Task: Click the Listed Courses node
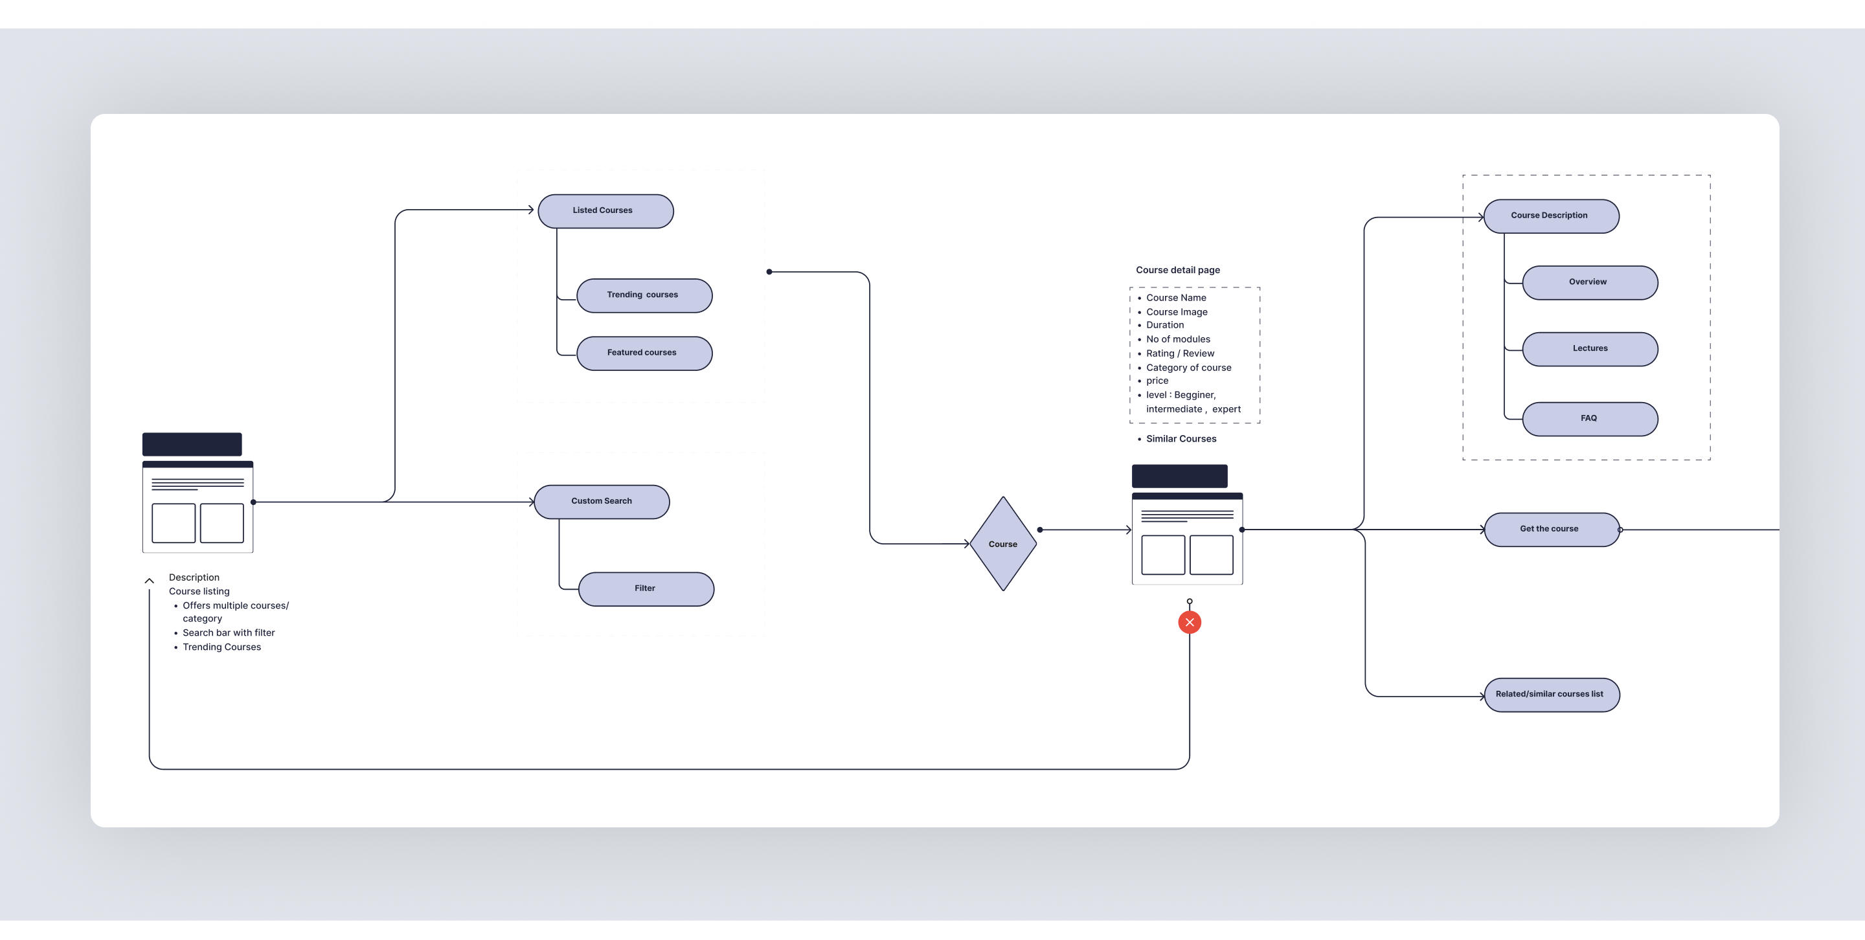605,210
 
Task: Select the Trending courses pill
644,295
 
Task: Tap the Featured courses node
644,353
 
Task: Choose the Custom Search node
602,502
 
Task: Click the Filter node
646,589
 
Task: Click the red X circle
1190,622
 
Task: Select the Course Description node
1551,216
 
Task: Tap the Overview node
1590,282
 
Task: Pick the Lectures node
1590,349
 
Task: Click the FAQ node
1590,419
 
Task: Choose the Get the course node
1551,529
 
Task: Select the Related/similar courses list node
1552,695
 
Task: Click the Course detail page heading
1177,270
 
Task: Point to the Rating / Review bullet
1179,353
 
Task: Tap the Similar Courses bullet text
1181,438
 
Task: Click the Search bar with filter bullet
228,632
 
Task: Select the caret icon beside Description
149,580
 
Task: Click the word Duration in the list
1165,325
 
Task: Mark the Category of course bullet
1188,368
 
